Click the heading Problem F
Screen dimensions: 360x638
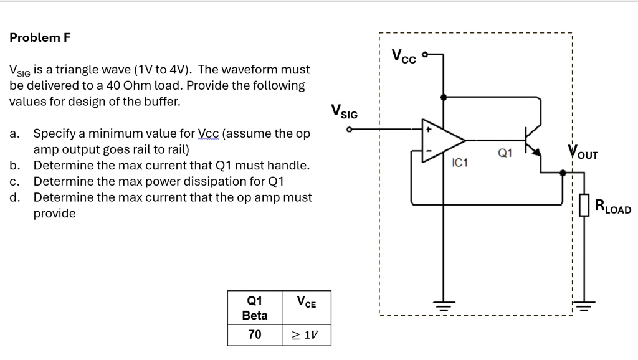pyautogui.click(x=40, y=37)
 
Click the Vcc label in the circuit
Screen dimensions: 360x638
pyautogui.click(x=404, y=55)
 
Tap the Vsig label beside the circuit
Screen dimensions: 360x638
pyautogui.click(x=345, y=113)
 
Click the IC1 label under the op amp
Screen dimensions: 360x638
pyautogui.click(x=459, y=163)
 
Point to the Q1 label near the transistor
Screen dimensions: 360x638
pyautogui.click(x=505, y=153)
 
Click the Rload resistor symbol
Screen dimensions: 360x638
pyautogui.click(x=584, y=205)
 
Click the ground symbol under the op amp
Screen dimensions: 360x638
pyautogui.click(x=443, y=306)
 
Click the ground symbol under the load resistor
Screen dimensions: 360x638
pyautogui.click(x=584, y=306)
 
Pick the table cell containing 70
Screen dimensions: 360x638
pyautogui.click(x=254, y=334)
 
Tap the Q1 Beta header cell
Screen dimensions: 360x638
pyautogui.click(x=254, y=307)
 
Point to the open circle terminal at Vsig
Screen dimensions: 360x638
pyautogui.click(x=350, y=130)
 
